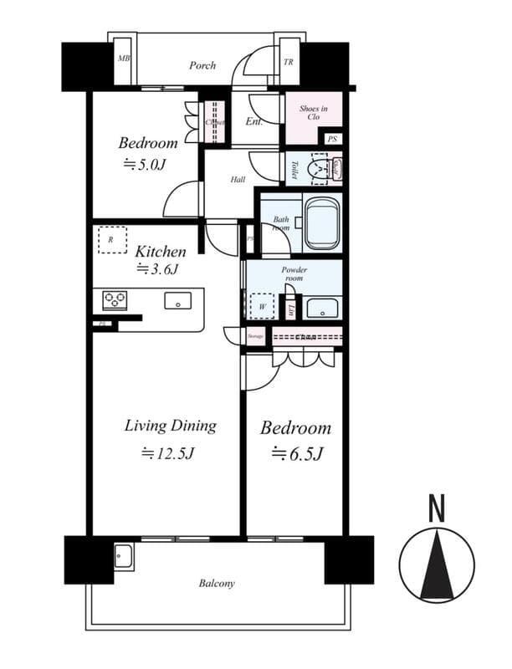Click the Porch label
(202, 65)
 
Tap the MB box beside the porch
(124, 59)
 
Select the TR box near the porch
(289, 61)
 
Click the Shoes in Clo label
(313, 113)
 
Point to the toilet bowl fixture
(320, 167)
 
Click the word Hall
(238, 179)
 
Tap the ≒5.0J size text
(146, 164)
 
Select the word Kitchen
(161, 250)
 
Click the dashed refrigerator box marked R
(111, 239)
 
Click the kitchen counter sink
(177, 300)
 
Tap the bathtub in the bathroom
(321, 223)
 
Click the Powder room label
(294, 275)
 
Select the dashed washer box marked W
(263, 306)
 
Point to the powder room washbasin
(321, 308)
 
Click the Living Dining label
(170, 426)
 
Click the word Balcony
(217, 583)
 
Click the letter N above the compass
(436, 508)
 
